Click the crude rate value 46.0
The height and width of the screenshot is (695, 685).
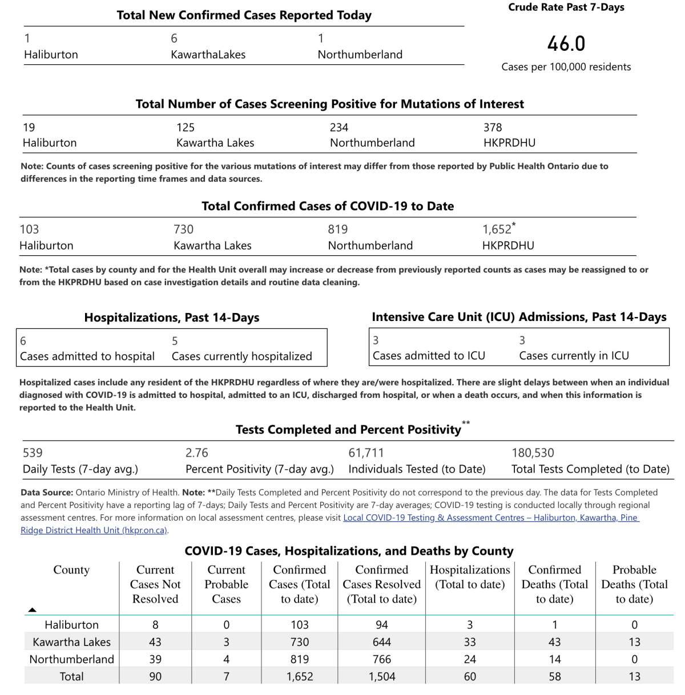click(x=566, y=44)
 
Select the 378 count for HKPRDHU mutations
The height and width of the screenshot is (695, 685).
click(x=493, y=127)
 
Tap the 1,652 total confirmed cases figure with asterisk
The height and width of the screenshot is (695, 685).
click(x=498, y=229)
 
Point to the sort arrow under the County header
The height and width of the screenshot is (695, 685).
click(x=33, y=610)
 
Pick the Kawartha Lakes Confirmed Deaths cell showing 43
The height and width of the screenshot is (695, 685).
click(x=554, y=642)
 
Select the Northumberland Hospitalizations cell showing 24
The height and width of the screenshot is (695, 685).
click(x=470, y=659)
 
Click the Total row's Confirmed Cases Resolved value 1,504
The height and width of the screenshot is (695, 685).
click(x=381, y=676)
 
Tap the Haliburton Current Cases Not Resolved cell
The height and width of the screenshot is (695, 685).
click(x=155, y=625)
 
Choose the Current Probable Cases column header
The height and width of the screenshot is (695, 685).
click(x=226, y=584)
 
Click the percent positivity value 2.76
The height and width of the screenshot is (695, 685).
click(x=196, y=453)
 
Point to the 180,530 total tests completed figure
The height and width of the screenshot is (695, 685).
click(x=533, y=453)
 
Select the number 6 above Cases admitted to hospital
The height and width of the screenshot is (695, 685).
click(x=23, y=341)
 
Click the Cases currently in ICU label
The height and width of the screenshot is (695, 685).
click(x=574, y=356)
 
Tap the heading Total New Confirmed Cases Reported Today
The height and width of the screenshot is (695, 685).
click(x=244, y=15)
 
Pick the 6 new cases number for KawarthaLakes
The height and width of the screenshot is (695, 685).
click(x=174, y=38)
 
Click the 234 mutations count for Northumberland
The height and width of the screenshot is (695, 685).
click(x=339, y=127)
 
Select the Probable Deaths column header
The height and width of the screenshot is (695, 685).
click(x=634, y=584)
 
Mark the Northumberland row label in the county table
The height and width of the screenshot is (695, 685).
click(x=71, y=659)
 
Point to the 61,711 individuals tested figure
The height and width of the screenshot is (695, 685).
click(x=366, y=453)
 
